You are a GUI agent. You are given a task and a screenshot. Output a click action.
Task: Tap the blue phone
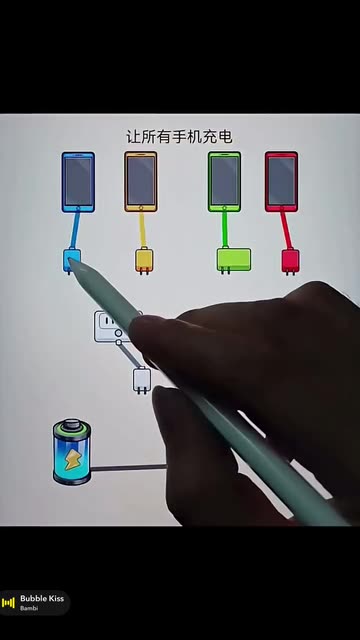pos(78,182)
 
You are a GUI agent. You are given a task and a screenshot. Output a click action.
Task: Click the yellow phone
pos(141,182)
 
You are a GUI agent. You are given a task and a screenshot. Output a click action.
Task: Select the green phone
pos(224,182)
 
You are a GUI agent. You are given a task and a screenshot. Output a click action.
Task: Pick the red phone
pos(281,182)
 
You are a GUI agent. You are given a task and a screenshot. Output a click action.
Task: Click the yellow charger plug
pos(144,260)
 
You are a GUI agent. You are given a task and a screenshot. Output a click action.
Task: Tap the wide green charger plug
pos(234,260)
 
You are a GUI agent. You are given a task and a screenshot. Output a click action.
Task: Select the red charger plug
pos(290,261)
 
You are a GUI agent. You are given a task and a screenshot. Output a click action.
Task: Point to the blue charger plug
pos(71,261)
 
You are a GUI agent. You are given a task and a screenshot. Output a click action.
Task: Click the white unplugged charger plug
pos(142,380)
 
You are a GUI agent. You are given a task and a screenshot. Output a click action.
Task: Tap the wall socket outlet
pos(109,326)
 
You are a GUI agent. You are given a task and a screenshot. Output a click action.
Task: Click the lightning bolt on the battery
pos(72,460)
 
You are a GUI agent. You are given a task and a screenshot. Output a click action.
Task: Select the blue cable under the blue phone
pos(75,230)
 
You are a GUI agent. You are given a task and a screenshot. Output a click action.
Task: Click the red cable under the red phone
pos(286,230)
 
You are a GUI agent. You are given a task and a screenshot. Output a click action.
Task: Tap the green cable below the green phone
pos(224,230)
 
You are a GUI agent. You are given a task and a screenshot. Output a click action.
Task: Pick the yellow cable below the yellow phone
pos(142,229)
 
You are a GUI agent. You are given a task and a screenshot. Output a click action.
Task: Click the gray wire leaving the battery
pos(129,468)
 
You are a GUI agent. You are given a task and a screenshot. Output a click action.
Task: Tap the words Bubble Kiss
pos(42,599)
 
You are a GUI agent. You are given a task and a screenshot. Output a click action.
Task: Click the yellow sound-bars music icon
pos(8,602)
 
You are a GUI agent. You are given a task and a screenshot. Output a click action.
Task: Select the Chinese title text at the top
pos(179,137)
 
